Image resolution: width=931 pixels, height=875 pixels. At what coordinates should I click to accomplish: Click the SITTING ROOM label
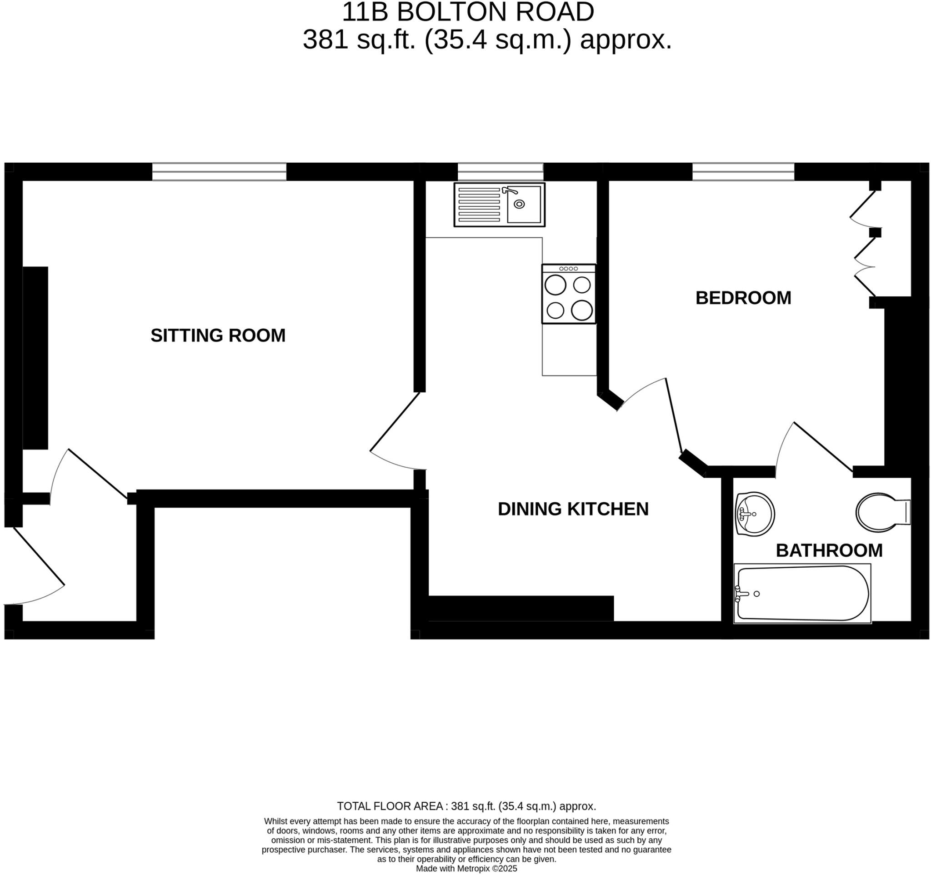(218, 335)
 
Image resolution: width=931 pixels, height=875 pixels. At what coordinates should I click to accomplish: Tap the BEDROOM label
(743, 298)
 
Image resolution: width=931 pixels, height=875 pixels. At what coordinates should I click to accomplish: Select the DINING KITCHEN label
(573, 510)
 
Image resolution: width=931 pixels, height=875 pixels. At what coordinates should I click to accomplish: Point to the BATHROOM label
(829, 550)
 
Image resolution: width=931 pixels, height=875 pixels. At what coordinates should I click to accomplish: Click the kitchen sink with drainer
(499, 205)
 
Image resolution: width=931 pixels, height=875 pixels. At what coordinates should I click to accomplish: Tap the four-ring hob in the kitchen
(569, 294)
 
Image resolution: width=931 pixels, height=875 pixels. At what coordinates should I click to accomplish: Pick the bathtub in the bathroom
(802, 593)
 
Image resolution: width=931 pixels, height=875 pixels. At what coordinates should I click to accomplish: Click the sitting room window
(219, 172)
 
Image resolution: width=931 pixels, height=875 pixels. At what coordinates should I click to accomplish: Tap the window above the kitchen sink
(500, 172)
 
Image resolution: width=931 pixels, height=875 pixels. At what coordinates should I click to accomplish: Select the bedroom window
(743, 172)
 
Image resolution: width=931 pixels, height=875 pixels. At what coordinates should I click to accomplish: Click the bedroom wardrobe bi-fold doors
(864, 244)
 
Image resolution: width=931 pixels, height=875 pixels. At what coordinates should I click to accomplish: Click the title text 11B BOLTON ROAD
(468, 12)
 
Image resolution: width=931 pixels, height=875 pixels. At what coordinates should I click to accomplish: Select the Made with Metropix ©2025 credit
(466, 869)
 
